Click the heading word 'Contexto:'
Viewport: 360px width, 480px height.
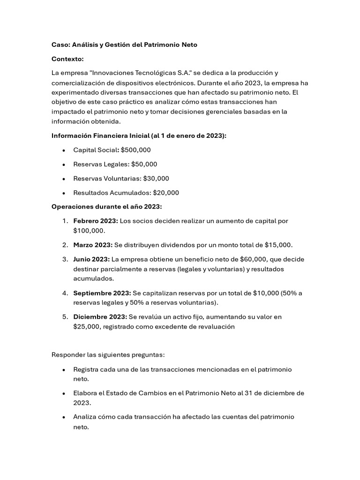(67, 59)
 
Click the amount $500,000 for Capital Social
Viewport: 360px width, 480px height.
(135, 150)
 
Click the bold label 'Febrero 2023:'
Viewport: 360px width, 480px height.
(96, 221)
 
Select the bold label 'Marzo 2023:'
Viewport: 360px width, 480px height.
(93, 245)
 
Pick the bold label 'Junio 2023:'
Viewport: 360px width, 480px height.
(91, 259)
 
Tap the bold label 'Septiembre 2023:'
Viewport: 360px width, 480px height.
(102, 293)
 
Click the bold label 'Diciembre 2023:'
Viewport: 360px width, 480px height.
(100, 317)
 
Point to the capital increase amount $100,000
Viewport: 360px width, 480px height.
(89, 231)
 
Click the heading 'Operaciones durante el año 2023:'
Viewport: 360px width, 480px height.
(106, 207)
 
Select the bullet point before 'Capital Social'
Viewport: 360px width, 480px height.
(63, 150)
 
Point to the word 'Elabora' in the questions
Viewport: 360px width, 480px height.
(85, 393)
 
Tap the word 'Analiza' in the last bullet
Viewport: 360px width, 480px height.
(85, 417)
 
